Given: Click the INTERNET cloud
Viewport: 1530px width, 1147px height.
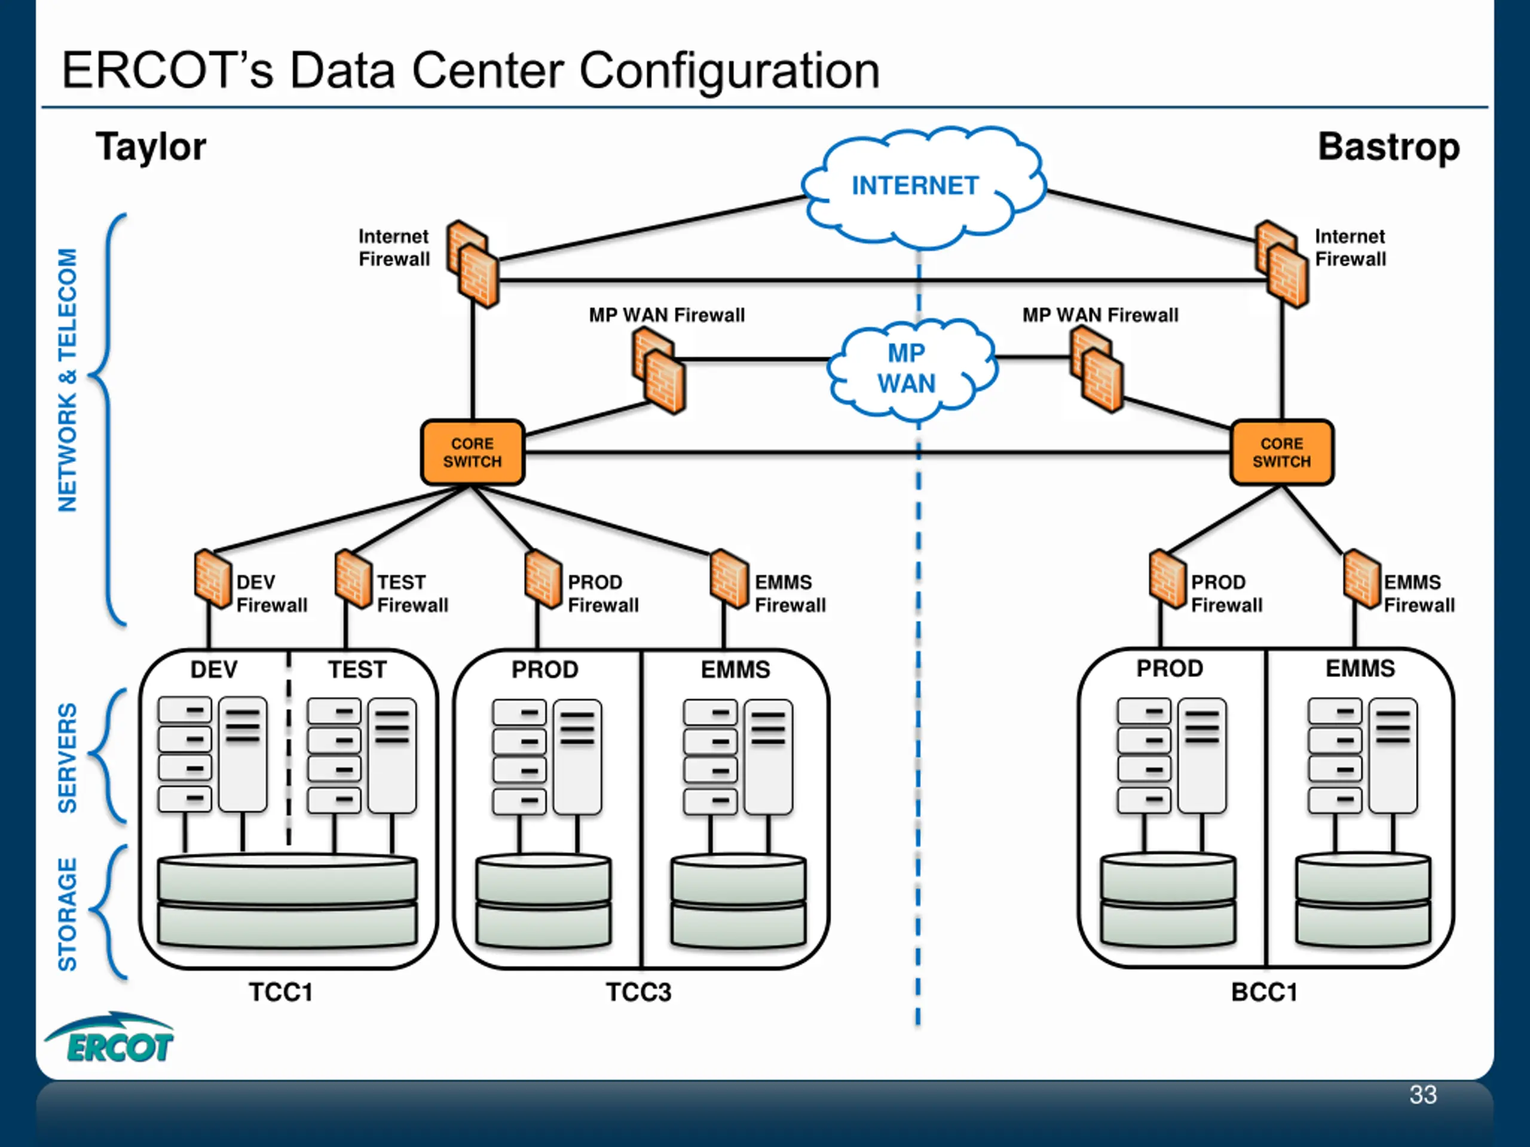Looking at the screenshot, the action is (x=923, y=186).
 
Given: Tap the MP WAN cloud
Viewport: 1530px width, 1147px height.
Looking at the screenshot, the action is (x=911, y=369).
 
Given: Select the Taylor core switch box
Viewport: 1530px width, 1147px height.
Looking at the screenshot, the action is (x=472, y=452).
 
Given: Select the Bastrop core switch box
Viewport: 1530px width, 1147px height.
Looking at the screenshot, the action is (x=1282, y=452).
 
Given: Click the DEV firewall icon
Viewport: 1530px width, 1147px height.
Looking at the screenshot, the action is (x=212, y=579).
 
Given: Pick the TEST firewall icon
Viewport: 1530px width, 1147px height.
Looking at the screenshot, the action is (x=353, y=579).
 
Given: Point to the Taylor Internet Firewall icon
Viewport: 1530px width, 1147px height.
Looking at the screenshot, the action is (x=472, y=264).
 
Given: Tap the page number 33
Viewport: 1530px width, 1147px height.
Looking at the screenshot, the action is (x=1423, y=1094).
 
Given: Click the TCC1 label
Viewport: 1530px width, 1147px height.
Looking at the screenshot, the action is (x=281, y=992).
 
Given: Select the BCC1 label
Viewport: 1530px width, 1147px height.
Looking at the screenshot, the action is (x=1263, y=992).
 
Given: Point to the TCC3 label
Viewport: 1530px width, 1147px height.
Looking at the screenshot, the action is (x=638, y=992).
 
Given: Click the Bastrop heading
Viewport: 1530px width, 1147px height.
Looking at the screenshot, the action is (x=1388, y=148).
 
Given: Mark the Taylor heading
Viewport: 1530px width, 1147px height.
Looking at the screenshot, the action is (x=151, y=148).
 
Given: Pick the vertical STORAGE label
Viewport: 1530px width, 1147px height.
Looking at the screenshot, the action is (x=67, y=914).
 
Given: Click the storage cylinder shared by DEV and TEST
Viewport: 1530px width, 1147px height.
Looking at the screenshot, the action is (x=287, y=901).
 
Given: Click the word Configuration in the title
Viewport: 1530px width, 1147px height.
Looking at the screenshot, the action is (x=729, y=70).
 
